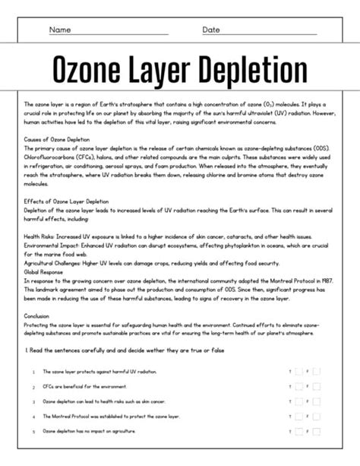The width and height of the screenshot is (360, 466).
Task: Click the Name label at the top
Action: (x=60, y=30)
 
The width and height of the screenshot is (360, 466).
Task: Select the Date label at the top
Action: (x=211, y=30)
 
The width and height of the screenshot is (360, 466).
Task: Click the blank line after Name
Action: (x=122, y=33)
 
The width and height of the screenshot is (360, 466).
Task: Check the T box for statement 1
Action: (x=298, y=372)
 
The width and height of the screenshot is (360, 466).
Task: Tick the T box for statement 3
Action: (x=298, y=401)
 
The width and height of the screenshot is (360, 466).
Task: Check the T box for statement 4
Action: (x=298, y=417)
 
